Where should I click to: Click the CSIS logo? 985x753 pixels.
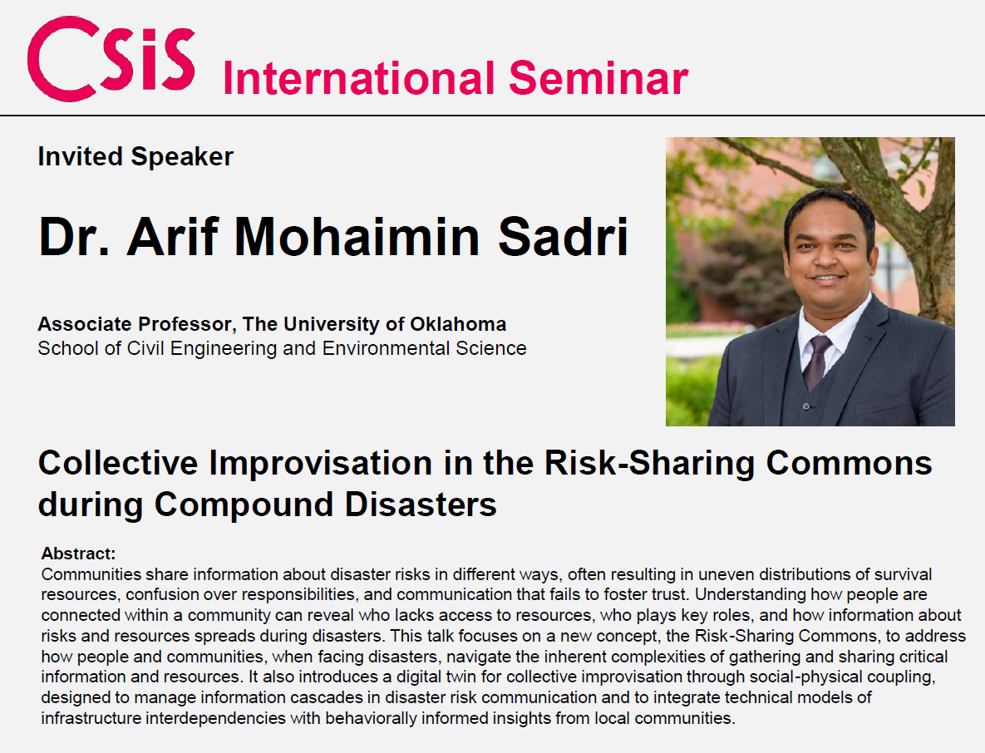[x=111, y=58]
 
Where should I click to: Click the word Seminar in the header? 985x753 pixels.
[x=598, y=78]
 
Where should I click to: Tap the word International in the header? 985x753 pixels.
[x=359, y=78]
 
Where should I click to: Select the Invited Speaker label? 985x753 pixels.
[x=135, y=156]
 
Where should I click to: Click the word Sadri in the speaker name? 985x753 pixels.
[x=564, y=237]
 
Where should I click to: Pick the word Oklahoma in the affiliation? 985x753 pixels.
[x=458, y=324]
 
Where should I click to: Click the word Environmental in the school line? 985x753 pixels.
[x=386, y=348]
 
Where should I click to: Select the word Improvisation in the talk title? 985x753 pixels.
[x=320, y=464]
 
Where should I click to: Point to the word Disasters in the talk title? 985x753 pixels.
[x=421, y=504]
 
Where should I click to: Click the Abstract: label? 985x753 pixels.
[x=78, y=554]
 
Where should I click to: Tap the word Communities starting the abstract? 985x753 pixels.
[x=91, y=574]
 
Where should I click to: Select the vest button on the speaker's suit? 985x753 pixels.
[x=806, y=406]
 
